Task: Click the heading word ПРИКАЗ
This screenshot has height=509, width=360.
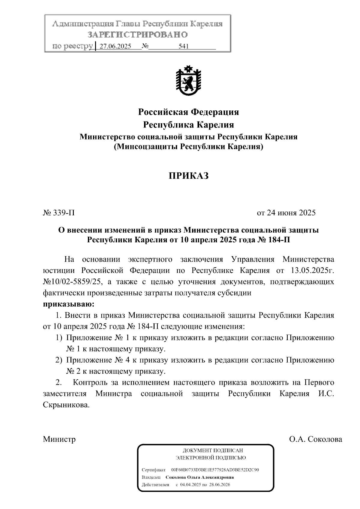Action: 188,176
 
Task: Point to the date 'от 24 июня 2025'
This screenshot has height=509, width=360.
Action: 286,213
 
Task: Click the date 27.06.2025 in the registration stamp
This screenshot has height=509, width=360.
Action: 115,46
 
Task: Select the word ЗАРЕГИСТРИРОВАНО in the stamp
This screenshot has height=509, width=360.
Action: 138,35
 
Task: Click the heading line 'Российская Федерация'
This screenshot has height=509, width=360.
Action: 188,112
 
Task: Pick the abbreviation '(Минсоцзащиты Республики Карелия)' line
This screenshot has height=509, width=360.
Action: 188,147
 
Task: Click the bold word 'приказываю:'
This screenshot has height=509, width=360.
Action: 69,304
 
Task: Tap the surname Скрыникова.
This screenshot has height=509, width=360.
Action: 66,405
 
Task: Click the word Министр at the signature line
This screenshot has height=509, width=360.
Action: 59,439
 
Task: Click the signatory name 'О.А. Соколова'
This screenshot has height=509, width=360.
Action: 315,439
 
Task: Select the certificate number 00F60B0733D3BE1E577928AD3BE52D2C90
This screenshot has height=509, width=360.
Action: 215,470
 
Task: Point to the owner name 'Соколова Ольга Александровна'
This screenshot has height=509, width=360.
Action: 199,477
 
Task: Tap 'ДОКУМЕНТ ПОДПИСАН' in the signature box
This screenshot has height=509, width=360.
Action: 212,451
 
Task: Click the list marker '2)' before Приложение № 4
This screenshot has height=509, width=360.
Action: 59,360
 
